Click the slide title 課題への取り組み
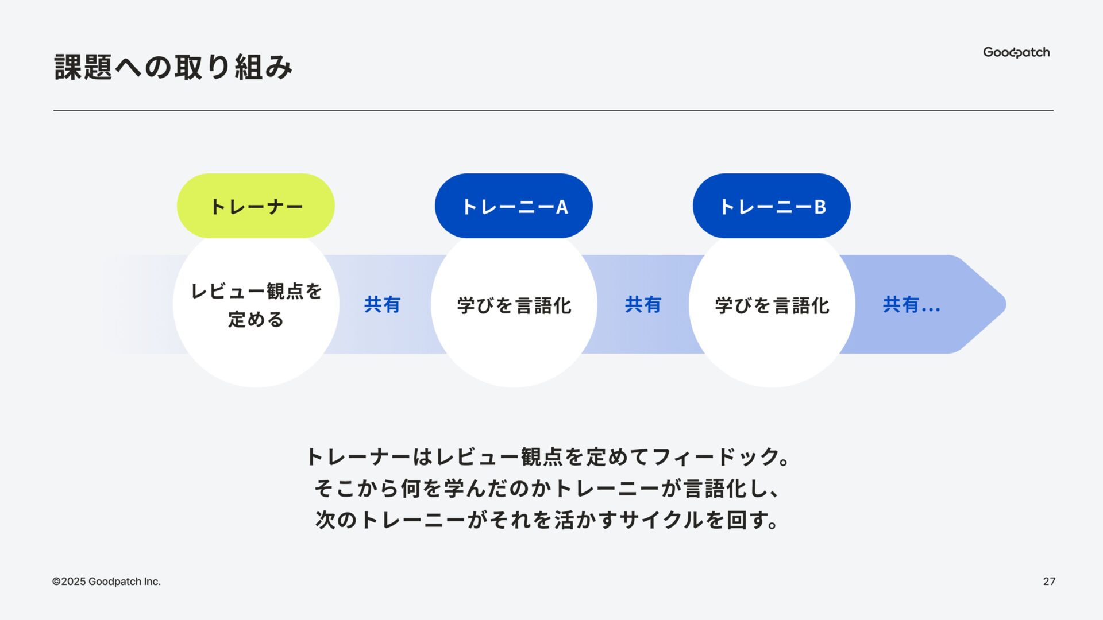click(173, 67)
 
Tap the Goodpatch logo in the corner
click(1016, 52)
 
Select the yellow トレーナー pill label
click(256, 206)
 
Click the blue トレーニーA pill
click(514, 206)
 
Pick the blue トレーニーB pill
click(772, 206)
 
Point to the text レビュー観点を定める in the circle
click(256, 305)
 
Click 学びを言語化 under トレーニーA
click(514, 305)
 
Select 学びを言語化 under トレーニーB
click(772, 305)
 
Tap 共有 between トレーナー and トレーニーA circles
click(382, 305)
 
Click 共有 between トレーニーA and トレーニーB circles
click(643, 305)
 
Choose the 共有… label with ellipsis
click(911, 305)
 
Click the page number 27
click(1049, 582)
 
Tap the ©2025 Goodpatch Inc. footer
click(106, 582)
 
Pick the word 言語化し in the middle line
click(725, 489)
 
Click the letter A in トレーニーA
click(562, 207)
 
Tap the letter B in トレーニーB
click(820, 207)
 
